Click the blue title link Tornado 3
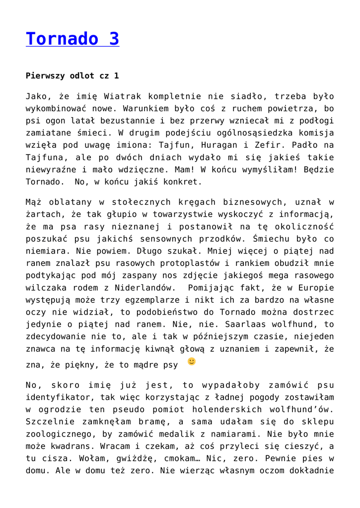click(72, 39)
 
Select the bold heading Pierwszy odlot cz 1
click(72, 76)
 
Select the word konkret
click(181, 182)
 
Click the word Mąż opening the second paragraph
click(34, 202)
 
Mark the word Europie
click(316, 287)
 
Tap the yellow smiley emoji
click(192, 361)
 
